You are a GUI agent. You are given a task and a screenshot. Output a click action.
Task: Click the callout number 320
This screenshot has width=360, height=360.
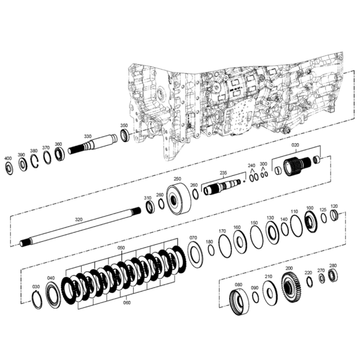pyautogui.click(x=79, y=220)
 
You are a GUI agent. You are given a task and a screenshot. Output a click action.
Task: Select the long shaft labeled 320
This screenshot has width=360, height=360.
pyautogui.click(x=80, y=227)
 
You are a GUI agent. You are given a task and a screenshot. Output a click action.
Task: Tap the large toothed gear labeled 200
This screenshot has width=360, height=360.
pyautogui.click(x=291, y=286)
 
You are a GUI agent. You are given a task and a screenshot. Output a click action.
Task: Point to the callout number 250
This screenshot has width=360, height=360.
pyautogui.click(x=178, y=179)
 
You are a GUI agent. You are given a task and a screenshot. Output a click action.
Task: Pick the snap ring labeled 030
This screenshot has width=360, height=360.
pyautogui.click(x=37, y=299)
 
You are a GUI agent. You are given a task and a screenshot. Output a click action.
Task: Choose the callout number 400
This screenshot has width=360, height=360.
pyautogui.click(x=8, y=158)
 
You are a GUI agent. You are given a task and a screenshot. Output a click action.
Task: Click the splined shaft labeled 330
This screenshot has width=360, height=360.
pyautogui.click(x=92, y=145)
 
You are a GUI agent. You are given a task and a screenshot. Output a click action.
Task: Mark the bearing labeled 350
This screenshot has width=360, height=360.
pyautogui.click(x=125, y=135)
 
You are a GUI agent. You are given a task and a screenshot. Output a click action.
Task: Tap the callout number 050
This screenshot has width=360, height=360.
pyautogui.click(x=121, y=248)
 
